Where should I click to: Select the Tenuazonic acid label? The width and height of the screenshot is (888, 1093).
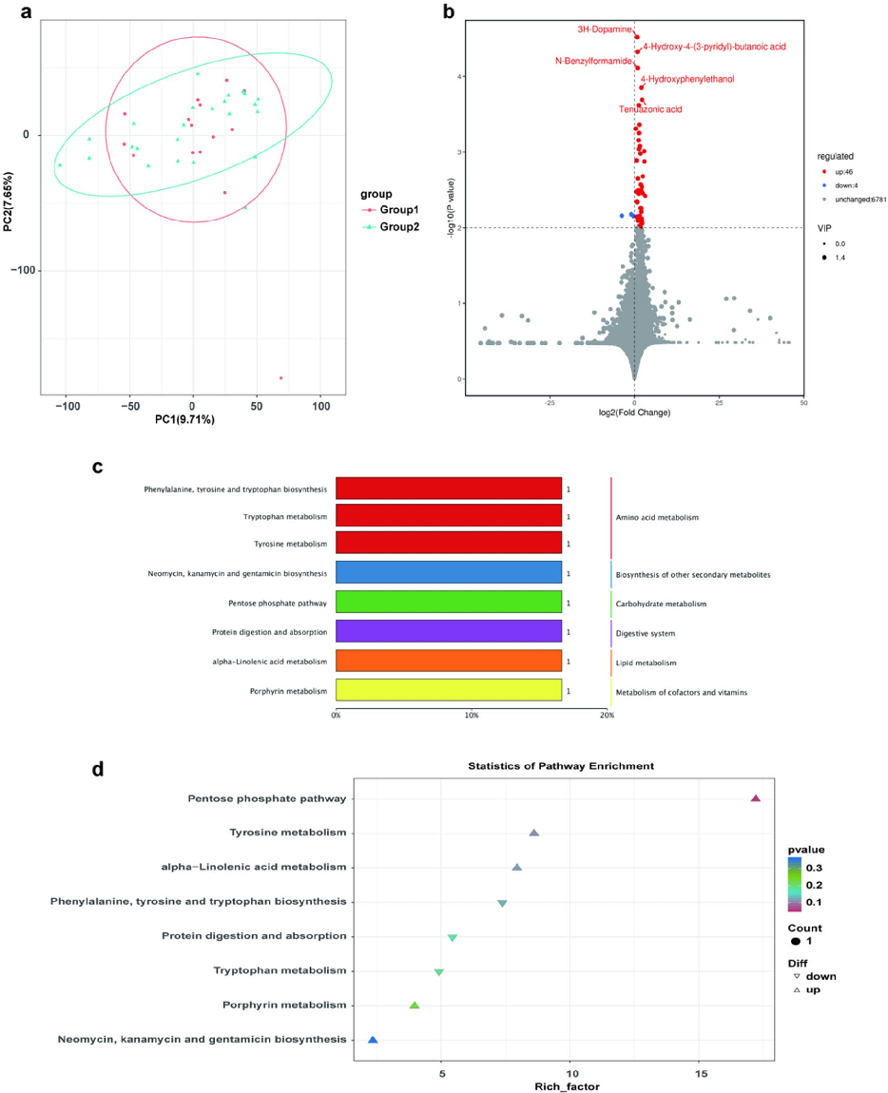pos(650,109)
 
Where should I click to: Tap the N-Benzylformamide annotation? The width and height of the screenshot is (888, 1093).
pos(593,61)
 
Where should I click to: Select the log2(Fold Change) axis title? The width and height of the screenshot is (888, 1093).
pos(634,412)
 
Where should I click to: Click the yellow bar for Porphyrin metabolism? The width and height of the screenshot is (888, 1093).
pos(448,692)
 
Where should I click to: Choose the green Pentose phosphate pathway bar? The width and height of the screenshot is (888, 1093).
pos(448,604)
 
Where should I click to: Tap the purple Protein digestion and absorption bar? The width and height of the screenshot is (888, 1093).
pos(448,633)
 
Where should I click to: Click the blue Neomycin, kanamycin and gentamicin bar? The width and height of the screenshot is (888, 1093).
pos(448,574)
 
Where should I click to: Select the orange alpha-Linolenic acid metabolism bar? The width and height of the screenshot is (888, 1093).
pos(448,662)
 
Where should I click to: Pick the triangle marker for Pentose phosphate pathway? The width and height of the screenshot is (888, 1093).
pos(756,799)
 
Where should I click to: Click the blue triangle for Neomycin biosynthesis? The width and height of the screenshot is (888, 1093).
pos(373,1041)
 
